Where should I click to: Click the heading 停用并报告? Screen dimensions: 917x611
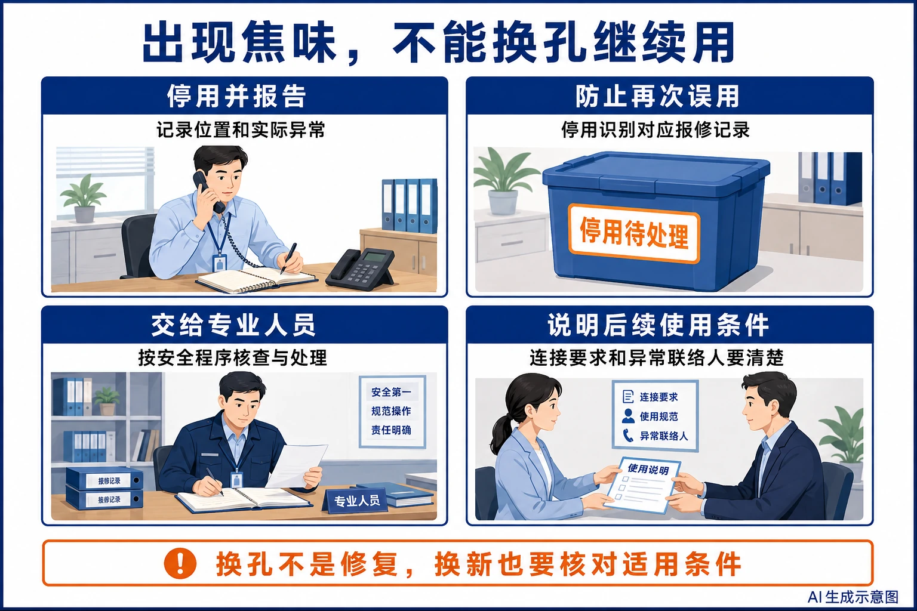click(236, 97)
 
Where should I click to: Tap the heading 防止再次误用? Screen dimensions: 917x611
click(657, 97)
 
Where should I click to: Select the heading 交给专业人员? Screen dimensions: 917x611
click(234, 325)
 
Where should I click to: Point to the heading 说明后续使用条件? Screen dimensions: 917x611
click(658, 325)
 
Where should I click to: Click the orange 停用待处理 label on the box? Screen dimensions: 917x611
click(634, 233)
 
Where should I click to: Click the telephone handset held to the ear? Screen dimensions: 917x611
click(209, 191)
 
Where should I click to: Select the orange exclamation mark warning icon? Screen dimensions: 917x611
click(180, 563)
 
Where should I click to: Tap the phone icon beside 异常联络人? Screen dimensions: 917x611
click(628, 436)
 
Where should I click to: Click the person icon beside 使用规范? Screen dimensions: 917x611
click(628, 416)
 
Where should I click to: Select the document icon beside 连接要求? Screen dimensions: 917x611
click(628, 397)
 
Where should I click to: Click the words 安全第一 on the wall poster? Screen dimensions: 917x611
click(391, 392)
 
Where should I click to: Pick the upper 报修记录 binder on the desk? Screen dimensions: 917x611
click(105, 479)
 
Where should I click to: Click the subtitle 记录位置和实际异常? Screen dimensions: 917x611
click(241, 130)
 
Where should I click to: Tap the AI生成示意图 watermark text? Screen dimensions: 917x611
click(853, 597)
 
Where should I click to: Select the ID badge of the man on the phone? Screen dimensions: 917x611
click(219, 264)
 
